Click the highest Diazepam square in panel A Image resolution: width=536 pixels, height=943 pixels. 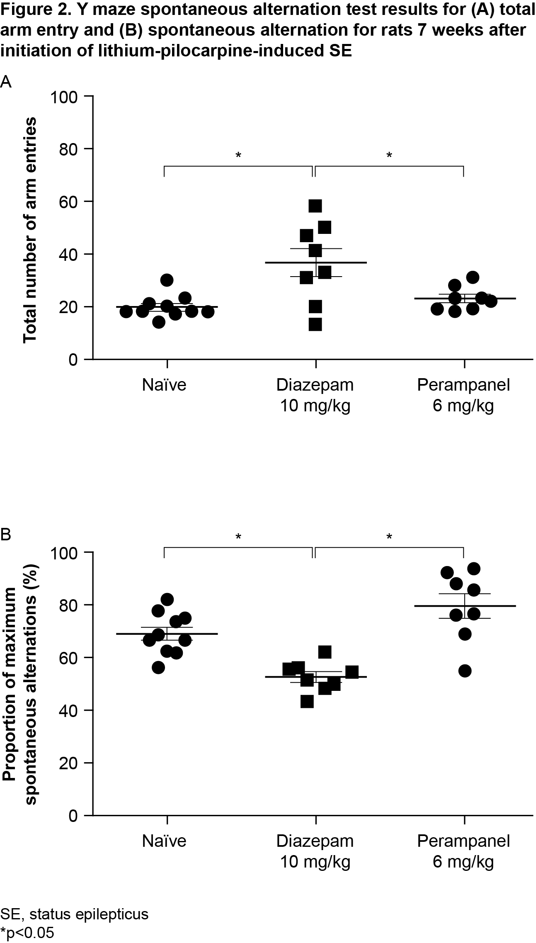[315, 206]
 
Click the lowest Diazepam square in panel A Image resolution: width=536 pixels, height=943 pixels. [315, 324]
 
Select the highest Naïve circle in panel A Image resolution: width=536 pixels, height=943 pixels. [167, 280]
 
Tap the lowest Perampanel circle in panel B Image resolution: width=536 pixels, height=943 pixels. [465, 671]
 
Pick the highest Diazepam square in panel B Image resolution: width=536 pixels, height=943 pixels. [325, 652]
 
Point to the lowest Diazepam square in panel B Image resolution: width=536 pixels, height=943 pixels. [307, 702]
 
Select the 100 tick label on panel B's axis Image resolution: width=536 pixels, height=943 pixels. [64, 553]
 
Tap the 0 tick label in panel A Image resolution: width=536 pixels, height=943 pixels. [73, 360]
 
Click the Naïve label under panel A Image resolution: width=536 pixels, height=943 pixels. [164, 385]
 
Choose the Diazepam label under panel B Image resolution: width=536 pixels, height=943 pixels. [315, 841]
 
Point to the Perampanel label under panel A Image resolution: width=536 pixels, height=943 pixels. [463, 385]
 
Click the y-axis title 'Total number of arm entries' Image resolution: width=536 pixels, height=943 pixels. [30, 230]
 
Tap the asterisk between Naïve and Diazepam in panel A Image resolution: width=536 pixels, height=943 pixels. [238, 156]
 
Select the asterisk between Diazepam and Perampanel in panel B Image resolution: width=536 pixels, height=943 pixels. [389, 537]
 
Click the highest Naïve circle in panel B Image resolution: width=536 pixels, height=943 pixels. [167, 599]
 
